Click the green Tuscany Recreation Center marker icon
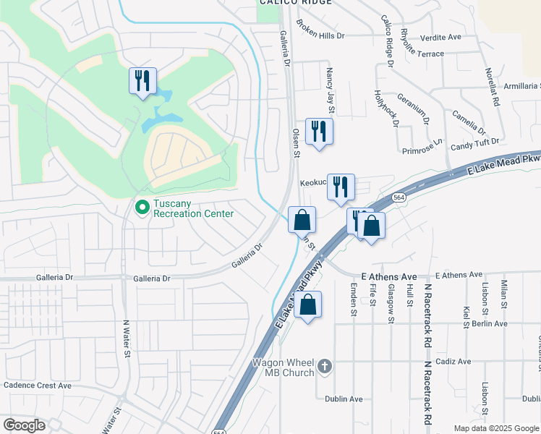[142, 208]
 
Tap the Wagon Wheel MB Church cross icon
[325, 367]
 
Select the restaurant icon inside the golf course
[142, 80]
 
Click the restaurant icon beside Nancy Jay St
[319, 132]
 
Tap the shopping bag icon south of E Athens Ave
[307, 305]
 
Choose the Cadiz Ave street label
[453, 362]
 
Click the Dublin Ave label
[345, 399]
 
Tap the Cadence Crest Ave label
[38, 386]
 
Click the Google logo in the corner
[24, 425]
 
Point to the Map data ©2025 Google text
[496, 428]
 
